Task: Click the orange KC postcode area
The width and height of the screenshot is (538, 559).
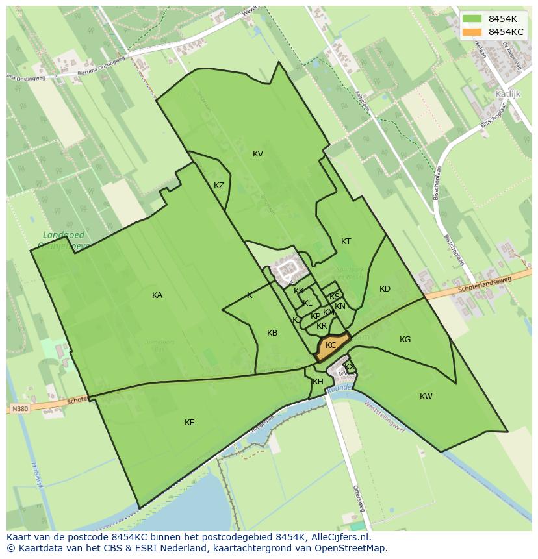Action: [331, 346]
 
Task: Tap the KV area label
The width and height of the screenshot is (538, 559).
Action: [258, 154]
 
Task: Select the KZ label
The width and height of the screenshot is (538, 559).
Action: [219, 186]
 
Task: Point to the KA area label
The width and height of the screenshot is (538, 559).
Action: [157, 295]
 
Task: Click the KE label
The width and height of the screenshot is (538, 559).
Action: [190, 423]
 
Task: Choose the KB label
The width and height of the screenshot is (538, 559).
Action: [272, 333]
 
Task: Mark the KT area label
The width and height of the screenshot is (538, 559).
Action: [346, 242]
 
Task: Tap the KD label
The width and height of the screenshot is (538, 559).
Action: [385, 289]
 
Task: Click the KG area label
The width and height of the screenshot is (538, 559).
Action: [405, 340]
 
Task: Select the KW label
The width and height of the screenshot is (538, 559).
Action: [426, 397]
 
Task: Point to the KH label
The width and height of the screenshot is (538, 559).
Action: [318, 382]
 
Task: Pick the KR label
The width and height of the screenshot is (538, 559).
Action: [322, 326]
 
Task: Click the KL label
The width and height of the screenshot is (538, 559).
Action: [307, 303]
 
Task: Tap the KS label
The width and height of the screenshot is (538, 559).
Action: [335, 297]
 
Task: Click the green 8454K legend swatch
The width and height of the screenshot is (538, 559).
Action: [472, 19]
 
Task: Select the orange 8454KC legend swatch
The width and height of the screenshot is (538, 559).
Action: [472, 32]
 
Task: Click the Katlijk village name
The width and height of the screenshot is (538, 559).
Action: [508, 93]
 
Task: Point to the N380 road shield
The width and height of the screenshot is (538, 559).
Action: [19, 409]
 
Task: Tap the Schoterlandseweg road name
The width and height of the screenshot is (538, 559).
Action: [485, 283]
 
